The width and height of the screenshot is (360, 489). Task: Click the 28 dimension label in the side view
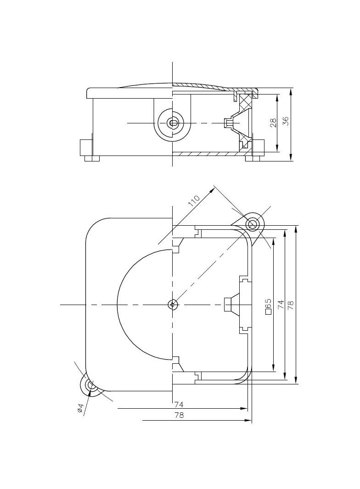tap(273, 122)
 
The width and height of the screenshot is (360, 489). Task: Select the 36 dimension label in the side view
tap(285, 121)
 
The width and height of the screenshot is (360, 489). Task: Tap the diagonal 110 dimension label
tap(194, 201)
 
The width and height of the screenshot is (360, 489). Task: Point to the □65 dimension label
tap(268, 306)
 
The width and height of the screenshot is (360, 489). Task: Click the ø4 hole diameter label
tap(80, 408)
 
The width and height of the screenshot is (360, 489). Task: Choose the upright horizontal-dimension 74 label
tap(179, 405)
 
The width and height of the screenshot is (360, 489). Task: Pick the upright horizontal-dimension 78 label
tap(179, 415)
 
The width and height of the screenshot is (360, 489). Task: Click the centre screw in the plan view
tap(172, 304)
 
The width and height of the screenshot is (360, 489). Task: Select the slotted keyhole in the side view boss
tap(174, 123)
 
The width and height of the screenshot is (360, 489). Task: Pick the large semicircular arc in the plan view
tap(118, 304)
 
